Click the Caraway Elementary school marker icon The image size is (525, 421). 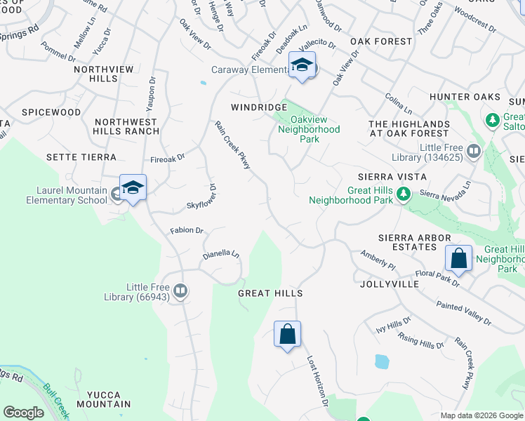(303, 65)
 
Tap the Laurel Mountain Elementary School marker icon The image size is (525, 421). (133, 188)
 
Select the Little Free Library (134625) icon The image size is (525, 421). (474, 151)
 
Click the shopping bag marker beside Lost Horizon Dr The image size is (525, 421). (288, 335)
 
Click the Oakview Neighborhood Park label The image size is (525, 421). (309, 130)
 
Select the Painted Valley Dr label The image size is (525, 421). (463, 312)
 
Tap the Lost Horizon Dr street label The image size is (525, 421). (317, 380)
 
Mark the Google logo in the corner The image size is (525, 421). (23, 413)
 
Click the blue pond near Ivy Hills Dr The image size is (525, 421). (382, 362)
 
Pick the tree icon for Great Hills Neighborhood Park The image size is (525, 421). (403, 194)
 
